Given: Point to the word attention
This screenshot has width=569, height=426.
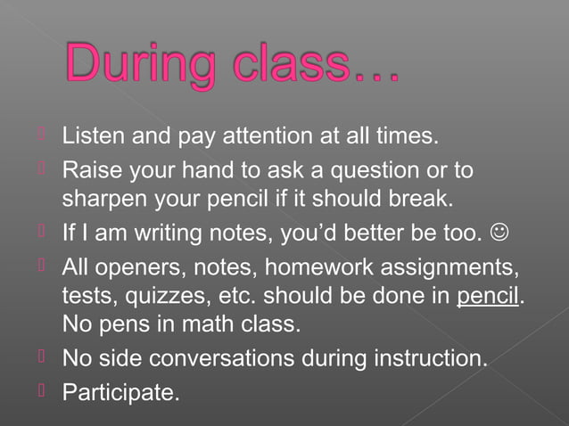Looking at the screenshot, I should point(279,138).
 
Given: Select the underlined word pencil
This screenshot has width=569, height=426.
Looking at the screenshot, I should point(487,295).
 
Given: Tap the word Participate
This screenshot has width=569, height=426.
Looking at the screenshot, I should point(119,390).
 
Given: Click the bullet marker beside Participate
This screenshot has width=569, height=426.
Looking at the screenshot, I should point(41,388).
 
